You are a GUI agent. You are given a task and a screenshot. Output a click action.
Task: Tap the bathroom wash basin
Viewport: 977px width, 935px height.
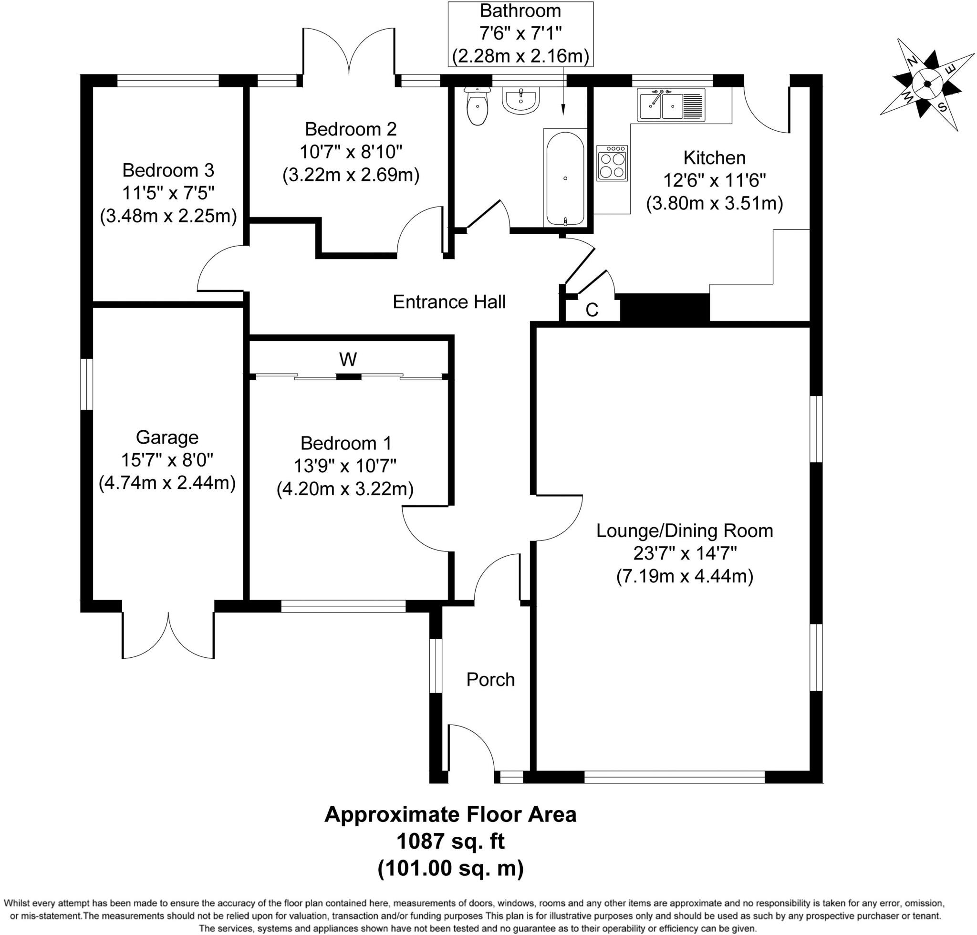(520, 100)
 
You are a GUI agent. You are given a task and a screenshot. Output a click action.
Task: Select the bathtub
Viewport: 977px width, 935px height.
(565, 178)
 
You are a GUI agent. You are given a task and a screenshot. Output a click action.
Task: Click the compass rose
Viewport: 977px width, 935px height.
(927, 85)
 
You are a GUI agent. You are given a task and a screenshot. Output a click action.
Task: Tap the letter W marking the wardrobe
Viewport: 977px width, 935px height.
(348, 359)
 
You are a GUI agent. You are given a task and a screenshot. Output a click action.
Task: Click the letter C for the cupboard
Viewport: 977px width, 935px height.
(592, 310)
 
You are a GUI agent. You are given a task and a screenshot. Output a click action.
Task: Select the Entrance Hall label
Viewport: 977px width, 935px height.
(449, 302)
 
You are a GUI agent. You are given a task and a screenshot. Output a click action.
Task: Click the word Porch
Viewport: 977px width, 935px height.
(490, 679)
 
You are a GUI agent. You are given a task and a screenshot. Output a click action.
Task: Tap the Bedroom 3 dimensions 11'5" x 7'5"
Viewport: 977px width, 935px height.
(168, 193)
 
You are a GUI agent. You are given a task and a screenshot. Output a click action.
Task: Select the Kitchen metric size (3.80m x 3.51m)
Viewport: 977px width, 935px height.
(714, 203)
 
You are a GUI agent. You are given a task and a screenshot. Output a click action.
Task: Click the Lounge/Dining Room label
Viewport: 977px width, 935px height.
(685, 531)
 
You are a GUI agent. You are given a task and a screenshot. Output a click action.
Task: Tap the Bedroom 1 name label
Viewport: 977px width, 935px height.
(346, 443)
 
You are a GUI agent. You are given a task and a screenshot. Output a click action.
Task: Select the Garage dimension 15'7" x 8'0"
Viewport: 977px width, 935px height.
(167, 460)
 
